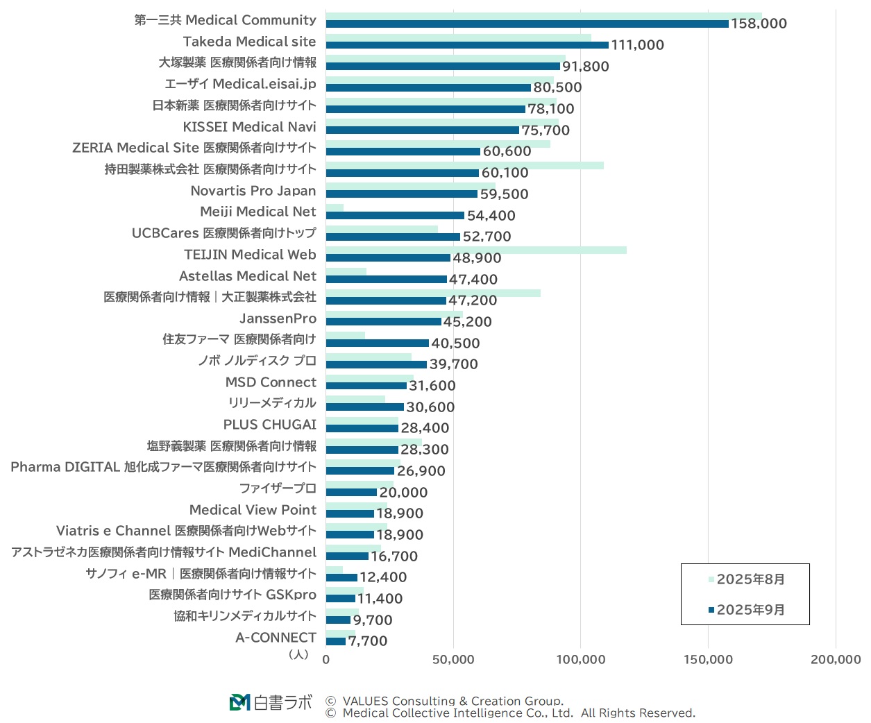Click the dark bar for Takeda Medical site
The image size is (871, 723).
[x=466, y=45]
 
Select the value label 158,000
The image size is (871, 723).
[x=759, y=24]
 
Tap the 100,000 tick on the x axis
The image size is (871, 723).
[x=581, y=659]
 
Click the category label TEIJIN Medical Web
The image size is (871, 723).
[x=250, y=255]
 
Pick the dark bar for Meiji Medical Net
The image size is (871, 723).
[x=394, y=216]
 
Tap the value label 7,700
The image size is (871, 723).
[x=368, y=641]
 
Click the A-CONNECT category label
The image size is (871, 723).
[x=276, y=638]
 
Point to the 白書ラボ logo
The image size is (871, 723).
[x=271, y=702]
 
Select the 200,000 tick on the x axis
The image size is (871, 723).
[x=836, y=659]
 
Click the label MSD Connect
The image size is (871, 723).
[x=271, y=382]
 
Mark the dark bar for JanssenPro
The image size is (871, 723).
[x=383, y=322]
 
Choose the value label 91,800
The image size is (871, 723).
[x=585, y=67]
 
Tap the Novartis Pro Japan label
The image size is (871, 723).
[x=253, y=191]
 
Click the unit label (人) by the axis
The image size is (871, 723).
[x=298, y=654]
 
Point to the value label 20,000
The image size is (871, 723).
[x=403, y=493]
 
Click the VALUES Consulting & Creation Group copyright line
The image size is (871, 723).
[x=453, y=701]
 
